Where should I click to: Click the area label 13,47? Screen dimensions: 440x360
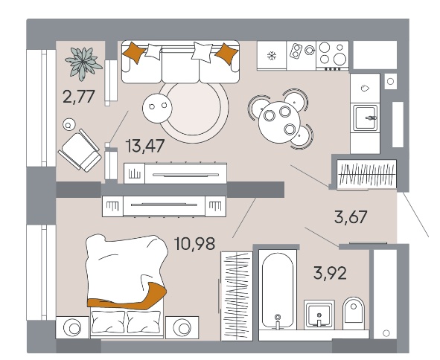click(145, 146)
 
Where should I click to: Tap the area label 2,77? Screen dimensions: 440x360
click(79, 97)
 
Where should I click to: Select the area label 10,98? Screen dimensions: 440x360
click(195, 243)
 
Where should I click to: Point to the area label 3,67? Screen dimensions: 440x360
click(351, 217)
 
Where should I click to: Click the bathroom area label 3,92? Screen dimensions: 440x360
click(330, 273)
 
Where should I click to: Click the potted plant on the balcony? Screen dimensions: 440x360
click(83, 63)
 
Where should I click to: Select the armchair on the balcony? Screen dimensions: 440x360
click(80, 150)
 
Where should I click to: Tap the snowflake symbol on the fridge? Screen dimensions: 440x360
click(272, 56)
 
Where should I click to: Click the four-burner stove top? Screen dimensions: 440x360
click(332, 55)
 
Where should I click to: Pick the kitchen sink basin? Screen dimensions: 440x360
click(365, 118)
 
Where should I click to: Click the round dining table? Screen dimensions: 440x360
click(279, 123)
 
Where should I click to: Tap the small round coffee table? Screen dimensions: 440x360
click(157, 108)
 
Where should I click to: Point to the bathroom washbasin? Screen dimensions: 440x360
click(319, 314)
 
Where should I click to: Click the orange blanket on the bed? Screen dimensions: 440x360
click(127, 298)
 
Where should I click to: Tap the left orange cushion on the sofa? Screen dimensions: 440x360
click(134, 52)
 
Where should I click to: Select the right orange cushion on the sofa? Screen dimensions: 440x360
click(227, 54)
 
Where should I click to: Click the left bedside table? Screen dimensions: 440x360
click(72, 327)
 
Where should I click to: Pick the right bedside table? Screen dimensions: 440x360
click(182, 327)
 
